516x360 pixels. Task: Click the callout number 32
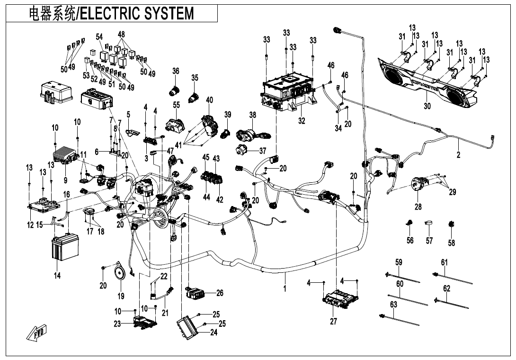click(302, 121)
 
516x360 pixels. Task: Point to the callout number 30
click(427, 106)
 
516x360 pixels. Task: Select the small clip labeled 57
click(429, 223)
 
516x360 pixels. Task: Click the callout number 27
click(333, 322)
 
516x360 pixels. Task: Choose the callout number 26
click(220, 293)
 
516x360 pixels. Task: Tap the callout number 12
click(30, 225)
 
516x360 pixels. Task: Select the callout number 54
click(99, 37)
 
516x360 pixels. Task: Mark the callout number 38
click(253, 115)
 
